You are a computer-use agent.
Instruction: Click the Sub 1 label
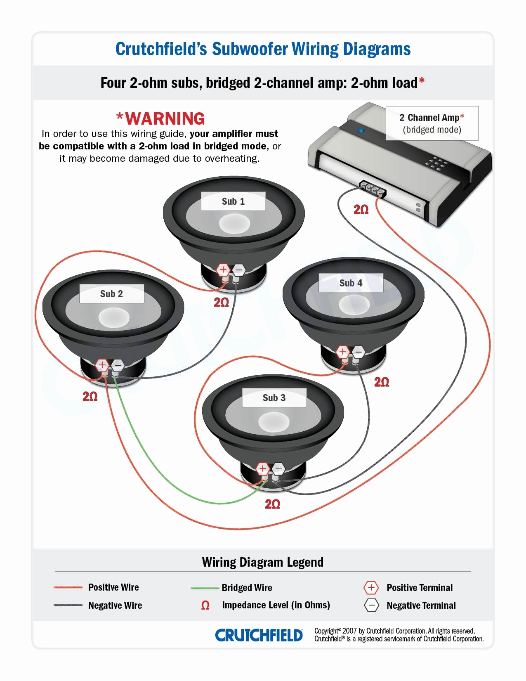click(x=233, y=201)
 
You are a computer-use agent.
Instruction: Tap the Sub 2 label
click(x=111, y=294)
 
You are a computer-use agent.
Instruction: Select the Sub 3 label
click(x=274, y=398)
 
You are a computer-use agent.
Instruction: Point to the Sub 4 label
click(x=351, y=283)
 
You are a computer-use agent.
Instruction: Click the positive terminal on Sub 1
click(x=223, y=270)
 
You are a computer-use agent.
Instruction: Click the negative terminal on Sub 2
click(x=118, y=365)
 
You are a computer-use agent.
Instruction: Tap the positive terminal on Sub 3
click(x=263, y=468)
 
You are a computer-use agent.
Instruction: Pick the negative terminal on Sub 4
click(x=358, y=352)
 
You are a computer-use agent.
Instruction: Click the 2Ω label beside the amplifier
click(x=361, y=210)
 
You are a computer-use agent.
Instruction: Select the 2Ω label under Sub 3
click(x=272, y=504)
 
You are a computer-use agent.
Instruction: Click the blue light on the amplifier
click(x=361, y=131)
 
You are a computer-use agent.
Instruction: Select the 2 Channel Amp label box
click(x=432, y=123)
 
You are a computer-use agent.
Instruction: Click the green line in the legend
click(x=205, y=588)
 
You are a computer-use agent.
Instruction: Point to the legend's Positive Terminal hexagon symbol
click(x=371, y=587)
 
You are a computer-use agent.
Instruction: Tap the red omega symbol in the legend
click(x=205, y=605)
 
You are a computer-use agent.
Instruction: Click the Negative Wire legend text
click(x=115, y=605)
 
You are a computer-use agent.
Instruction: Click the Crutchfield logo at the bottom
click(x=259, y=635)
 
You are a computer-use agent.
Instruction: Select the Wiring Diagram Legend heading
click(x=262, y=562)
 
